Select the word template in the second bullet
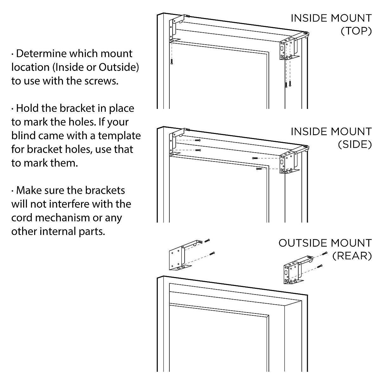(119, 136)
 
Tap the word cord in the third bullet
(22, 218)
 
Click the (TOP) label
(356, 31)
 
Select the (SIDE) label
(355, 144)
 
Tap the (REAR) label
(352, 256)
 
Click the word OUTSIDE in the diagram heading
(299, 243)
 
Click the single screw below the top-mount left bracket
(171, 61)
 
